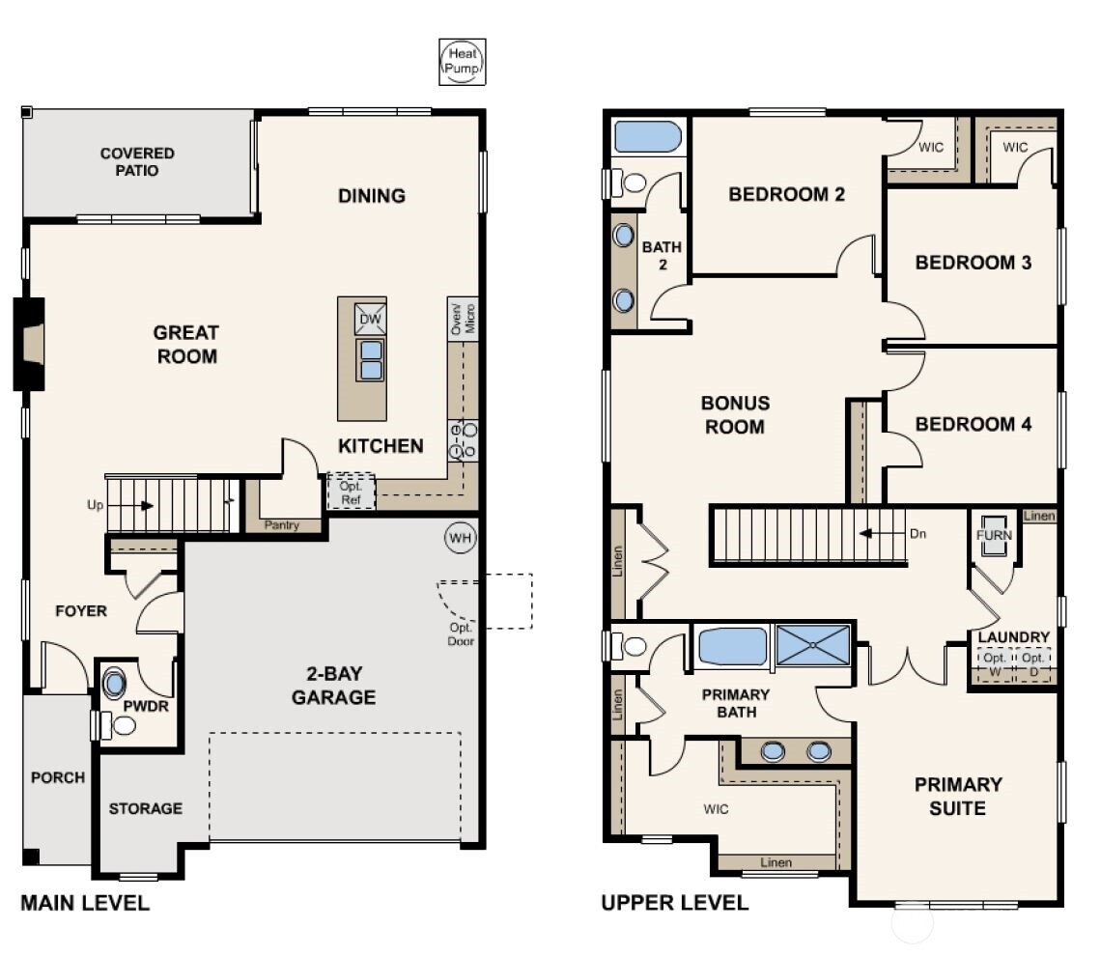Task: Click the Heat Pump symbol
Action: click(463, 63)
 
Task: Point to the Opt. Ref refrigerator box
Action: click(350, 492)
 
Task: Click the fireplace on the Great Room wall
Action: click(30, 344)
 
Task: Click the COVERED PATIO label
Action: click(137, 162)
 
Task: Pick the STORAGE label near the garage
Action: click(145, 808)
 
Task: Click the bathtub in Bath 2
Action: click(648, 136)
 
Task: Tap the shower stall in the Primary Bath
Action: click(813, 645)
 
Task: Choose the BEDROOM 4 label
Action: click(973, 424)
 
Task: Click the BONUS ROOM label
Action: click(735, 415)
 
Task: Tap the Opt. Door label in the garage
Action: click(461, 633)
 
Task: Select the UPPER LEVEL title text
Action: click(674, 903)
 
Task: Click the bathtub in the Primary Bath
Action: click(732, 646)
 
